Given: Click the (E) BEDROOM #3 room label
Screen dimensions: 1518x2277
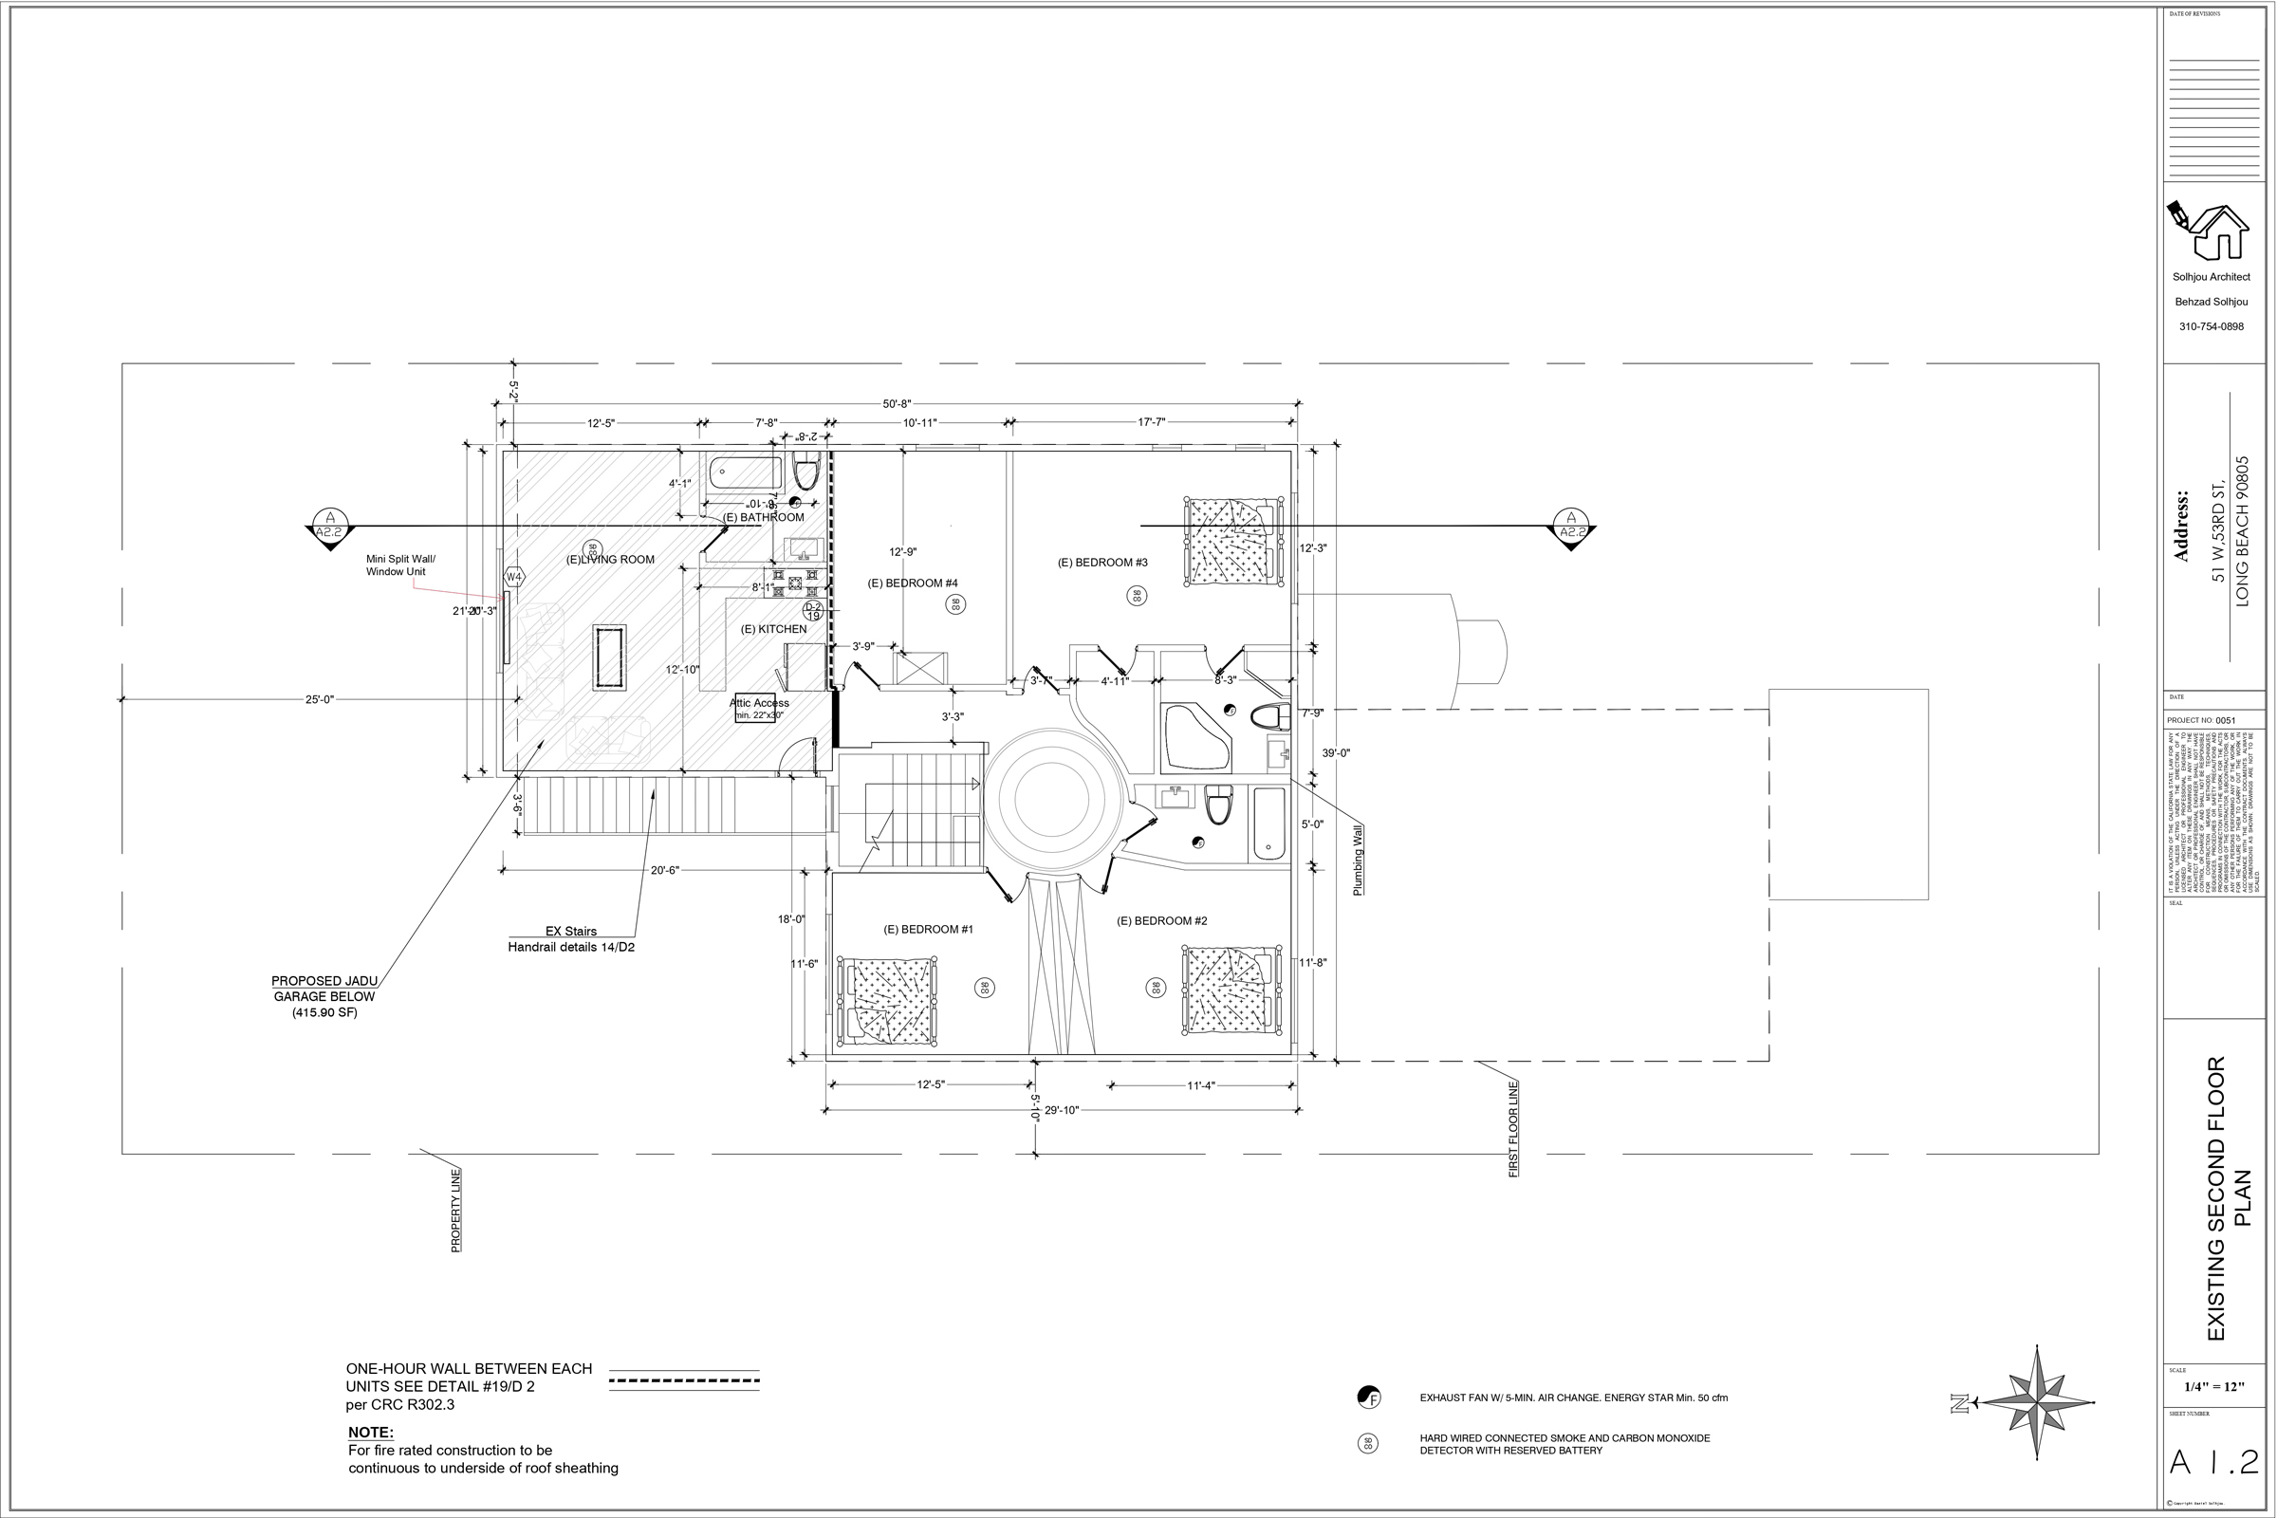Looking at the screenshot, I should [1101, 563].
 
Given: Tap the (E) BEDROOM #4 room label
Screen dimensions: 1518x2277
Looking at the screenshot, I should [912, 583].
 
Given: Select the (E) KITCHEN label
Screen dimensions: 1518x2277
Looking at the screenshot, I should [773, 629].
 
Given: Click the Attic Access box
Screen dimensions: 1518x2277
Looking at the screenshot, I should [759, 709].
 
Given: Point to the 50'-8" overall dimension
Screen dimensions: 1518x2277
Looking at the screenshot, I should [897, 404].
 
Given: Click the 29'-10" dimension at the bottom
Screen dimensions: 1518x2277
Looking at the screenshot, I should [1061, 1110].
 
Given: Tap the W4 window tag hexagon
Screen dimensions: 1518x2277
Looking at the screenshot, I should [514, 578].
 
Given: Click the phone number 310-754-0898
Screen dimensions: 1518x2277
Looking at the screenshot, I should [2212, 326].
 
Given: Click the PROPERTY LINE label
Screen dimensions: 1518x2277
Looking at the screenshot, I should [456, 1211].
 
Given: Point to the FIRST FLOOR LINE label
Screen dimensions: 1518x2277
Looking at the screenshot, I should [1513, 1129].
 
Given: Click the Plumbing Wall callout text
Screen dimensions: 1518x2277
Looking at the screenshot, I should [1358, 860].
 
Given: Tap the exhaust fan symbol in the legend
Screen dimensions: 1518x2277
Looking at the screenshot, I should [1368, 1397].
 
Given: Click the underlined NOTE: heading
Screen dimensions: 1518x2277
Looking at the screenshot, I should [371, 1432].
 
